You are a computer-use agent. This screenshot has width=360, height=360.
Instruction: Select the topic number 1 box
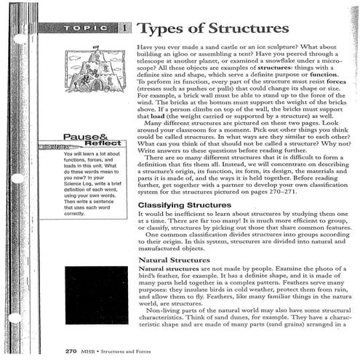pos(125,28)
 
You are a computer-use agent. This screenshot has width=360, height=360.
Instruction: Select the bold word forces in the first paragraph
pos(337,83)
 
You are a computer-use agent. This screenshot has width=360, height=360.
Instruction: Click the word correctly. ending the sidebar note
pos(75,214)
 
